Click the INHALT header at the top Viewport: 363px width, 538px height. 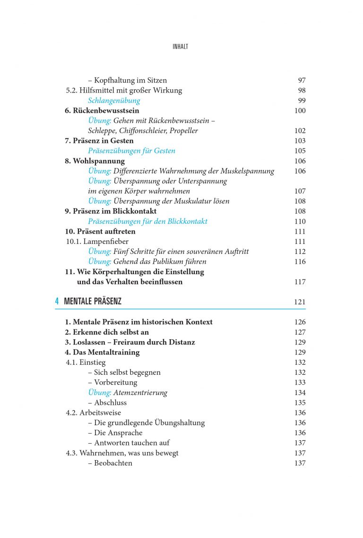(x=181, y=47)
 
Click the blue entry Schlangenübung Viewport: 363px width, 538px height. (x=114, y=101)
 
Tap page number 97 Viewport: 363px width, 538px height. (x=302, y=80)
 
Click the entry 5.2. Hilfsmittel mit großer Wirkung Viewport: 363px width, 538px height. (x=124, y=90)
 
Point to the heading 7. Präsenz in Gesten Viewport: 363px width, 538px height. (x=99, y=141)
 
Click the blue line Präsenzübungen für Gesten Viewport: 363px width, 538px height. (x=131, y=151)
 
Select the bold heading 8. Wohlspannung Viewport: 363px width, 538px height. (x=95, y=161)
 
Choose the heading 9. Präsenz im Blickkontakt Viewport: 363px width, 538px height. (x=111, y=211)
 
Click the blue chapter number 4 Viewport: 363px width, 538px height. (x=57, y=301)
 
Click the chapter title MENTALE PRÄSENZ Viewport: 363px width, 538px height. (x=93, y=301)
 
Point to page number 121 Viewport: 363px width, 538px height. (x=300, y=302)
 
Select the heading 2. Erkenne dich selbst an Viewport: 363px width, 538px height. (x=107, y=332)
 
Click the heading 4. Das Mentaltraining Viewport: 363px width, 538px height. (x=102, y=352)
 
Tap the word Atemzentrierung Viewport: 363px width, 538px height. (x=140, y=393)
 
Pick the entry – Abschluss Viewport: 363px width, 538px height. (x=107, y=403)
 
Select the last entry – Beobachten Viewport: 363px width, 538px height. (x=110, y=463)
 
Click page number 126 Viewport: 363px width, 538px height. (x=300, y=322)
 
